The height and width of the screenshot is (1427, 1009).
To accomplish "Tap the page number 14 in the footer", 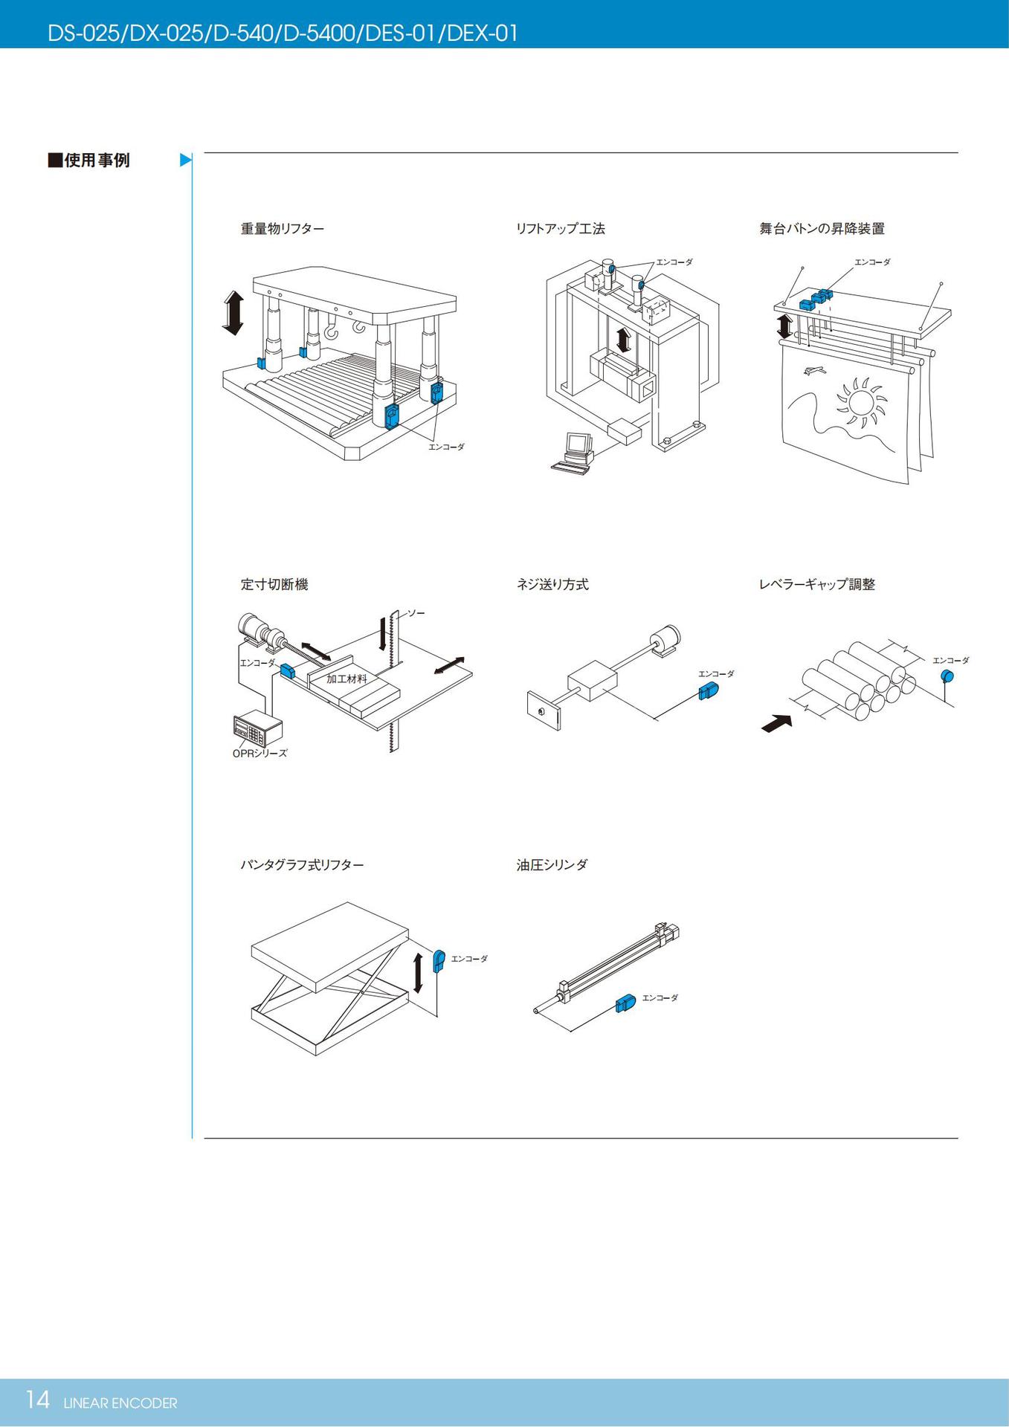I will [x=37, y=1400].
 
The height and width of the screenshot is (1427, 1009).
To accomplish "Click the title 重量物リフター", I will [x=282, y=229].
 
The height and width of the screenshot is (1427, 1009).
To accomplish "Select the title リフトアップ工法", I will [x=560, y=229].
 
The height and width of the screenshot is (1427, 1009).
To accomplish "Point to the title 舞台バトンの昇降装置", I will [x=822, y=229].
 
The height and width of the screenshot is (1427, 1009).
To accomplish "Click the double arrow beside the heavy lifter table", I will [x=233, y=313].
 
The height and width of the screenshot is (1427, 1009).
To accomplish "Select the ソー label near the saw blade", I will [x=416, y=613].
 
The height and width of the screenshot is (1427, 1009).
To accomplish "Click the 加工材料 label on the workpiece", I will [x=346, y=679].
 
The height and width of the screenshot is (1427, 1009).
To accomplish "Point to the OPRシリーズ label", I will [x=259, y=753].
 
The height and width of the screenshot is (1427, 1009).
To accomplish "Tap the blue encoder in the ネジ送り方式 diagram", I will [x=709, y=691].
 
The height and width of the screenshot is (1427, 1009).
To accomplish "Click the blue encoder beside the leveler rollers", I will [x=947, y=676].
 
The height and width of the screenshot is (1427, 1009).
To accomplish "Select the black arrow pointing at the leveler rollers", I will [x=777, y=722].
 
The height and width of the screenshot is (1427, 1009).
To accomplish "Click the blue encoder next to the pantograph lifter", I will [x=439, y=961].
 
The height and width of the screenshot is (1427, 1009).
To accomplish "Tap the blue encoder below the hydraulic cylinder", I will [x=626, y=1004].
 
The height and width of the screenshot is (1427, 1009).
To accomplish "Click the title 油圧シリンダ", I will [x=552, y=864].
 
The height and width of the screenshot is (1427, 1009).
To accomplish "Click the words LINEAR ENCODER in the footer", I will [x=120, y=1403].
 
